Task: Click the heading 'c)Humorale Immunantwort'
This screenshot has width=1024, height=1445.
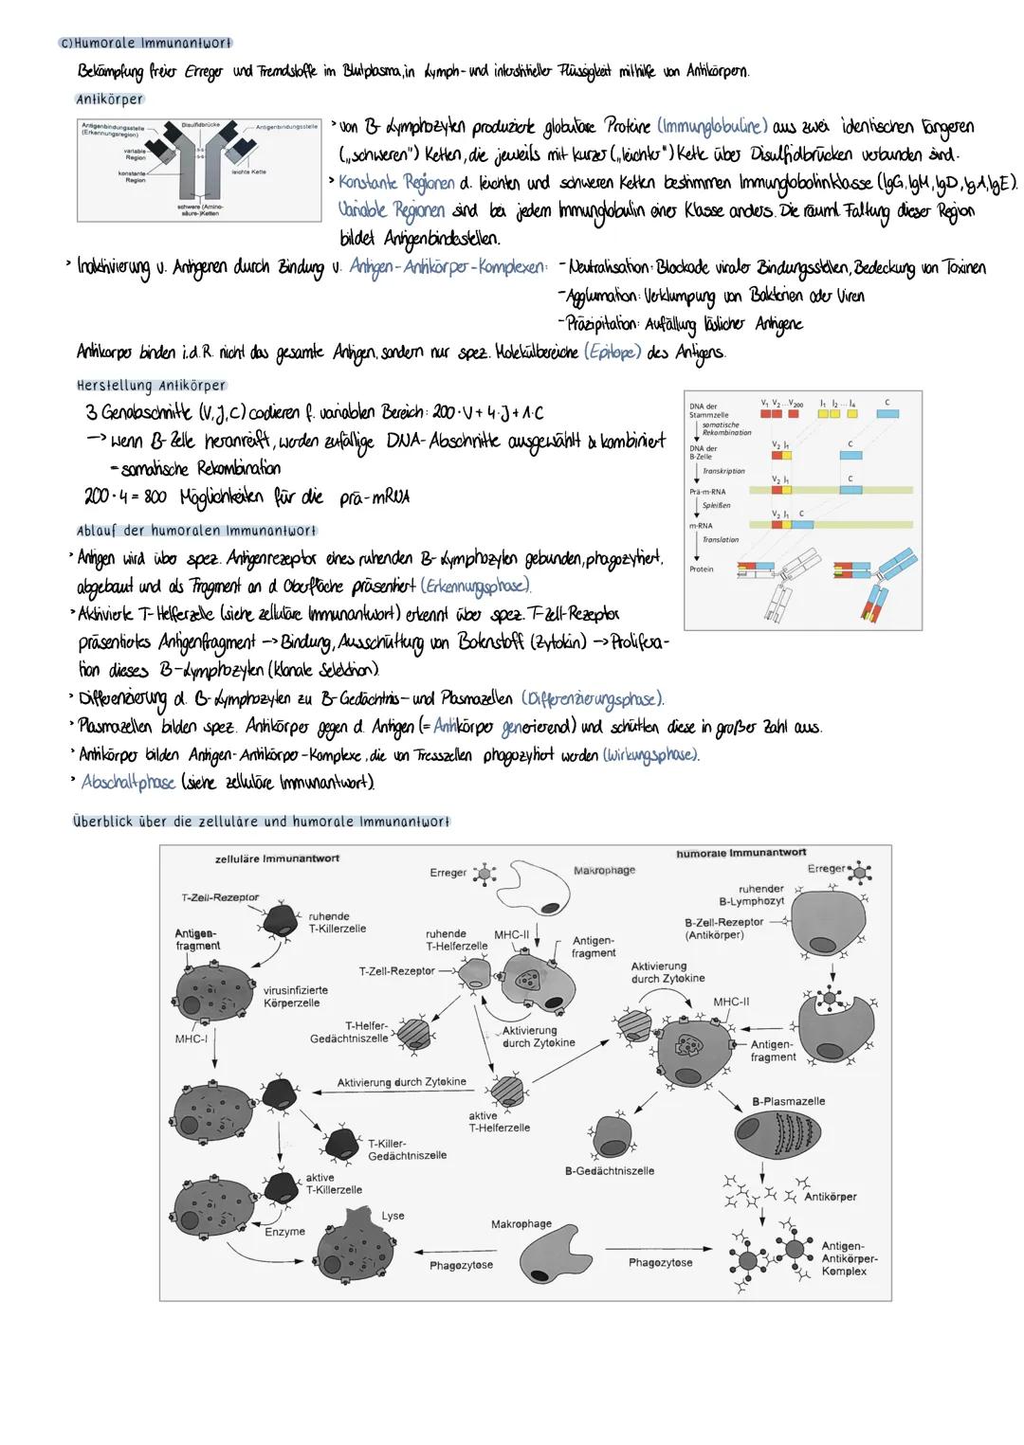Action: click(x=145, y=44)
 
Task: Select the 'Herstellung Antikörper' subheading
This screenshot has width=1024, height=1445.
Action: click(x=151, y=386)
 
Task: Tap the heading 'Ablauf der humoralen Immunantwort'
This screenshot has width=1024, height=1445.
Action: click(x=196, y=531)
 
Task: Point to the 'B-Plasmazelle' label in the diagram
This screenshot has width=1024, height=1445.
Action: click(x=788, y=1101)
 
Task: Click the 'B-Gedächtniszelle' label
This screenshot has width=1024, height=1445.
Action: click(x=610, y=1171)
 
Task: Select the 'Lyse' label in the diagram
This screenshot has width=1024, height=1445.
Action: click(x=393, y=1216)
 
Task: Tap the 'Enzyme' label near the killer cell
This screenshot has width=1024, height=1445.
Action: click(x=284, y=1232)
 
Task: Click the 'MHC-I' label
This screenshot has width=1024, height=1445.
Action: click(x=192, y=1039)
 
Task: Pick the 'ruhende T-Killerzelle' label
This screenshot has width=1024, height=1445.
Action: click(x=337, y=923)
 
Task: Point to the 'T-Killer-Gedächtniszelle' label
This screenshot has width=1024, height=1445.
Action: click(x=407, y=1149)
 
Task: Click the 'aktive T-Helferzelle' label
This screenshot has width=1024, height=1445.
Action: click(x=499, y=1122)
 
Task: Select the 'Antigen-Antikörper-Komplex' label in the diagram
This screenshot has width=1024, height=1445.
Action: click(x=849, y=1258)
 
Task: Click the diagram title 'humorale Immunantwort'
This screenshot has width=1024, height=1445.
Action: click(x=741, y=854)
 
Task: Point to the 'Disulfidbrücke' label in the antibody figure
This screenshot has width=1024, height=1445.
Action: click(x=200, y=125)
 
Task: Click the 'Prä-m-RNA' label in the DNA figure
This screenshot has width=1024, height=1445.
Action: click(x=701, y=492)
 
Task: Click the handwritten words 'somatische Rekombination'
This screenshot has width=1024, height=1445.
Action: click(x=201, y=468)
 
